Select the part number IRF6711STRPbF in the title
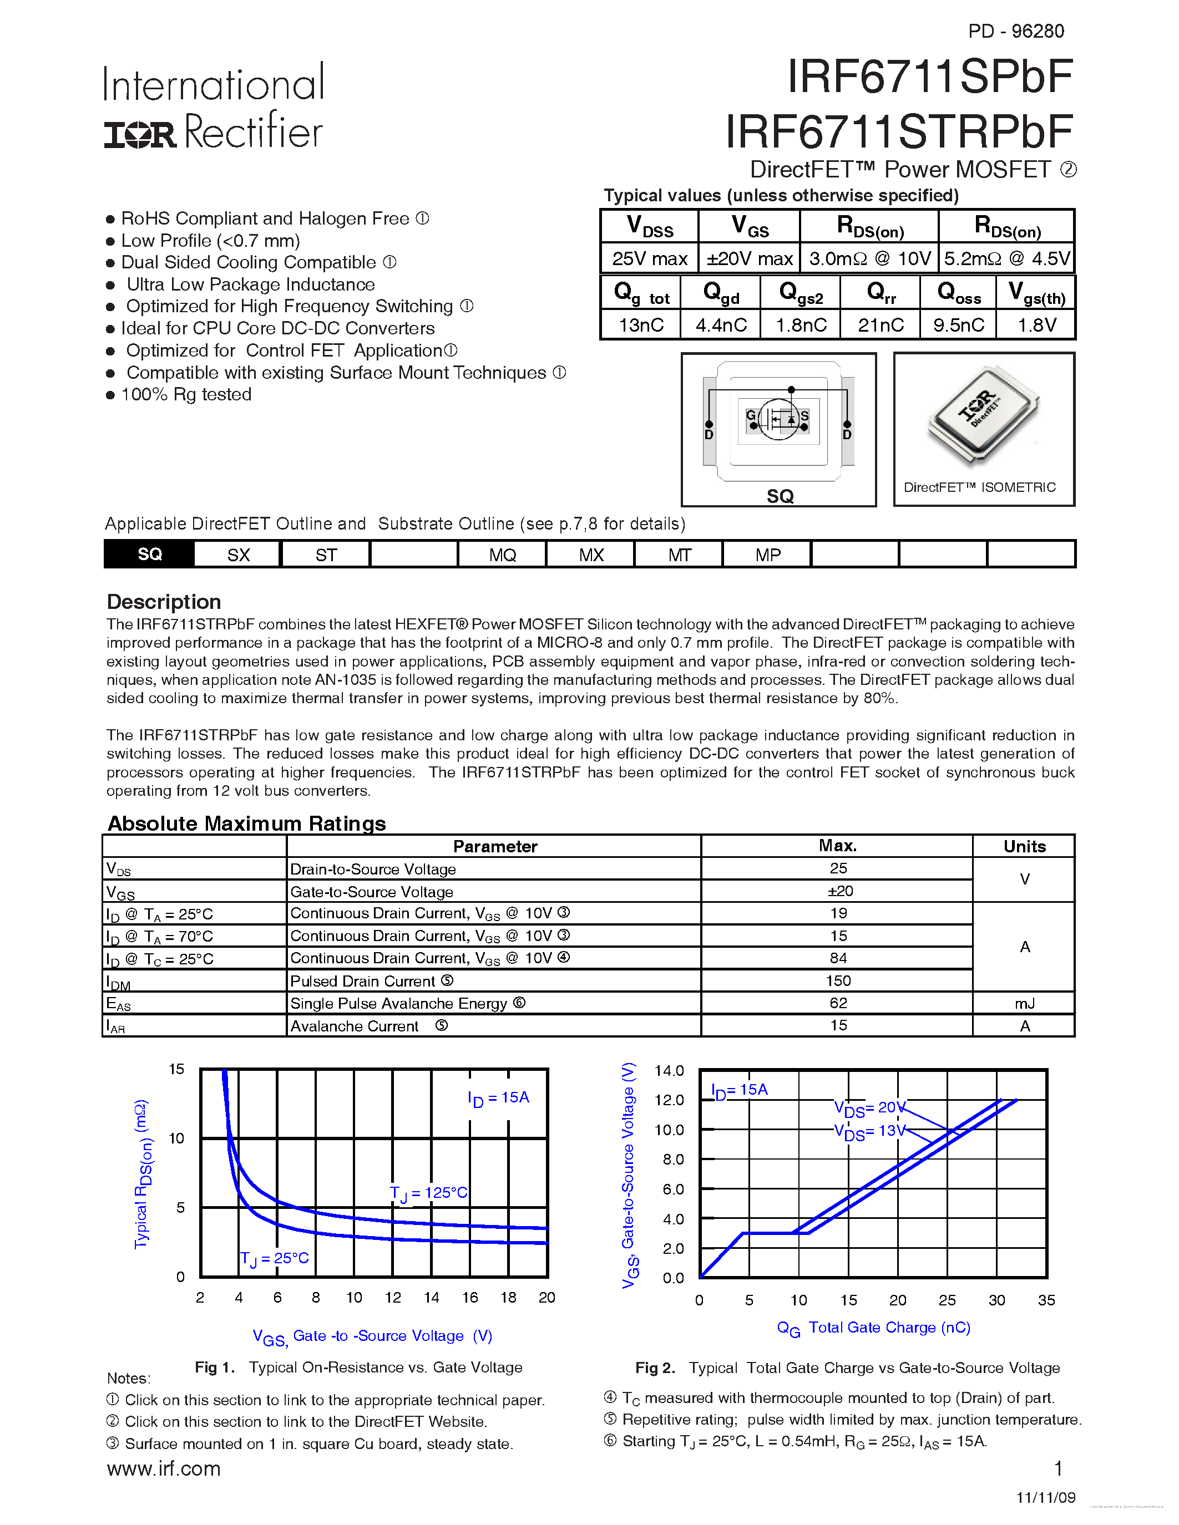[x=898, y=131]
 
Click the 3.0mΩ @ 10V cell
[x=869, y=259]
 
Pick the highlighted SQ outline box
[x=149, y=555]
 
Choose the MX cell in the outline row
[x=591, y=555]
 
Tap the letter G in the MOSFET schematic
[x=751, y=415]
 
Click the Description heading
[x=164, y=602]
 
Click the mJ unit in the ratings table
[x=1024, y=1003]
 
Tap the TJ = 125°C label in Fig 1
[x=428, y=1193]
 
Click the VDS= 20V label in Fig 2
[x=869, y=1108]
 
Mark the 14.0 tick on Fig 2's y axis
[x=669, y=1070]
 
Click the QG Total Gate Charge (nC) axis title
[x=873, y=1328]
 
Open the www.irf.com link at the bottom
[x=164, y=1468]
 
